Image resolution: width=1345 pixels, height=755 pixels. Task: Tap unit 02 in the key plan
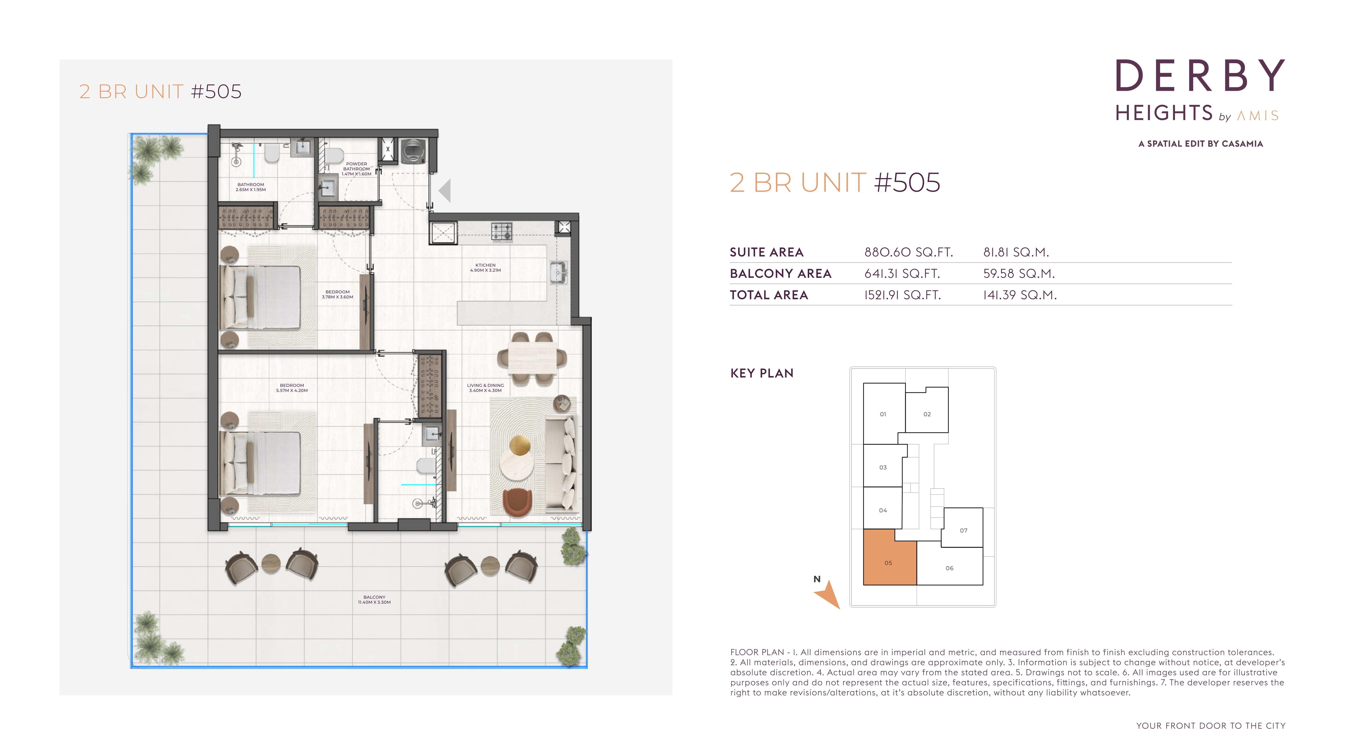927,411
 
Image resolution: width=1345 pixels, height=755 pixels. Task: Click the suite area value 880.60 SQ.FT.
908,252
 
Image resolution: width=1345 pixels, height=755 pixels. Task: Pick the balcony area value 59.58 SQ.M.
1019,274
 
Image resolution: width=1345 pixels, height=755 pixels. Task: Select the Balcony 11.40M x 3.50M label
374,599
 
